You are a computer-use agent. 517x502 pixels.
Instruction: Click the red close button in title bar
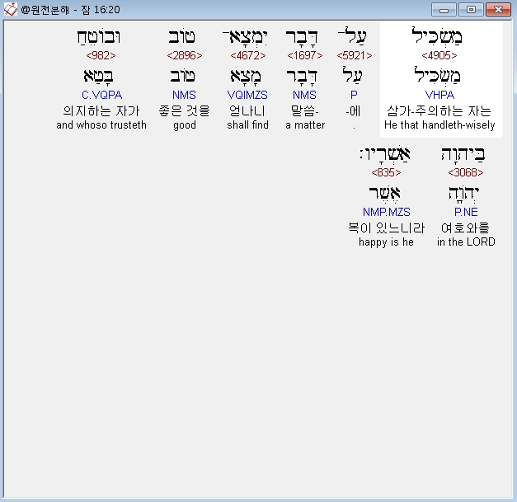pos(496,9)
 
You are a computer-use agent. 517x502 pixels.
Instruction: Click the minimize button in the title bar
pos(445,9)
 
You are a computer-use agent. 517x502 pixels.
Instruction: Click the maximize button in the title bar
pos(470,9)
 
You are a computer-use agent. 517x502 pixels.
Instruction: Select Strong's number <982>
pos(101,55)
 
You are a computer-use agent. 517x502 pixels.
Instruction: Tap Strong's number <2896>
pos(184,55)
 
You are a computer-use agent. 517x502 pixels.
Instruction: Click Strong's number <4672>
pos(248,55)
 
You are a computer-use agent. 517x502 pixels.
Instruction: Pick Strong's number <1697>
pos(305,55)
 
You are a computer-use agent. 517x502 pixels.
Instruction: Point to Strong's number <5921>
pos(354,55)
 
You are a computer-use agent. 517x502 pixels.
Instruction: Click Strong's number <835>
pos(386,172)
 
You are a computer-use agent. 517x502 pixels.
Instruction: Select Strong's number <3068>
pos(466,172)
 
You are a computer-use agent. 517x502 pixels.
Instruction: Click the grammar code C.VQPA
pos(101,95)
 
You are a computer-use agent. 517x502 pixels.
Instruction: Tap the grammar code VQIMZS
pos(248,95)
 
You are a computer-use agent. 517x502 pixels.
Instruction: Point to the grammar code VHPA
pos(439,95)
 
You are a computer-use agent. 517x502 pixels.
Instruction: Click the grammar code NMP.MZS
pos(386,212)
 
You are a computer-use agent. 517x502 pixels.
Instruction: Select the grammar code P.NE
pos(466,212)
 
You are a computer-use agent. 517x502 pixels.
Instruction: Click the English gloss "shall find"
pos(248,125)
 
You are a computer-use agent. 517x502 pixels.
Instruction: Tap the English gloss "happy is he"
pos(386,242)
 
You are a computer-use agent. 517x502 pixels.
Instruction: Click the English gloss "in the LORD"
pos(466,242)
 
